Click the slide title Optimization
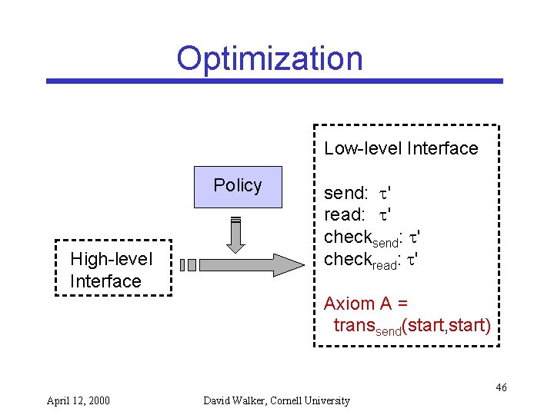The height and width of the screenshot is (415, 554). (269, 58)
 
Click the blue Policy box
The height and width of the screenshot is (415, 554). (238, 187)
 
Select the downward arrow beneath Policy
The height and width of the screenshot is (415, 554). (236, 234)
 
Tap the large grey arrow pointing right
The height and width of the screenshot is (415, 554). (253, 264)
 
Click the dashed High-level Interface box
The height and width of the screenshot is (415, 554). (113, 268)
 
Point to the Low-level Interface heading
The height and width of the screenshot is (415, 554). (401, 148)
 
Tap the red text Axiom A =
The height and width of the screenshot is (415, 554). (365, 304)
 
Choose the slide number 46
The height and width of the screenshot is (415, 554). (501, 387)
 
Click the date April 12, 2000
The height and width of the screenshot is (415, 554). (78, 400)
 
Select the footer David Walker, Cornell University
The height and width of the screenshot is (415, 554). (276, 400)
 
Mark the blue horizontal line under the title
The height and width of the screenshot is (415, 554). (274, 81)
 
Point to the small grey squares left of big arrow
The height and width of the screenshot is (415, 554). (189, 265)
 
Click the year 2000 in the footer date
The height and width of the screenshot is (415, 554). (98, 400)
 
